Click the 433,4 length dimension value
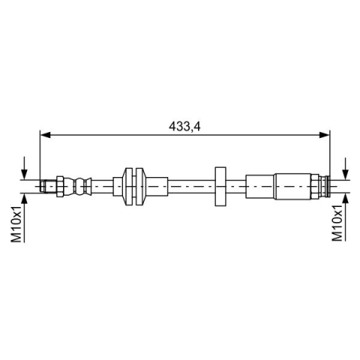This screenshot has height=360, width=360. (x=184, y=127)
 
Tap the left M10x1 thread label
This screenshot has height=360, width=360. (x=16, y=223)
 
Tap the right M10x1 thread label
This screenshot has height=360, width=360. (x=337, y=223)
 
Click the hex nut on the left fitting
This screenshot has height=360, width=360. (x=60, y=186)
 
